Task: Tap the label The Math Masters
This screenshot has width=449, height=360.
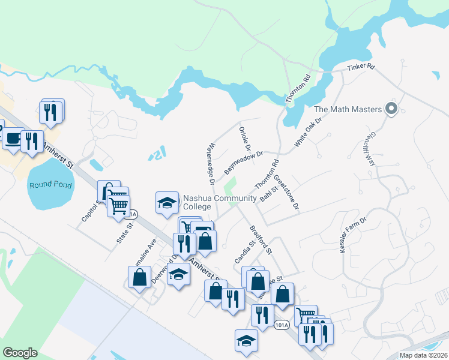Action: [x=348, y=110]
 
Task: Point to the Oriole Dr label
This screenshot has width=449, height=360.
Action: [x=244, y=139]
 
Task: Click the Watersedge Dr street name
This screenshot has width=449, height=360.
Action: [x=210, y=163]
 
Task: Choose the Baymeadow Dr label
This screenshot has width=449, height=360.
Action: [x=244, y=163]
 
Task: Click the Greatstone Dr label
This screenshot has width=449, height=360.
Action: [x=286, y=193]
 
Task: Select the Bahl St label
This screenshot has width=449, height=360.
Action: [x=268, y=194]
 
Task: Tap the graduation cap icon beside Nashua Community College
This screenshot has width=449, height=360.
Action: [x=167, y=202]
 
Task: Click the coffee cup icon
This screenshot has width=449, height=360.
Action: [x=13, y=138]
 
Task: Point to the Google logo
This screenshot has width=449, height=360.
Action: [x=20, y=353]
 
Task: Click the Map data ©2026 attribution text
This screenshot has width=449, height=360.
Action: [x=423, y=355]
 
